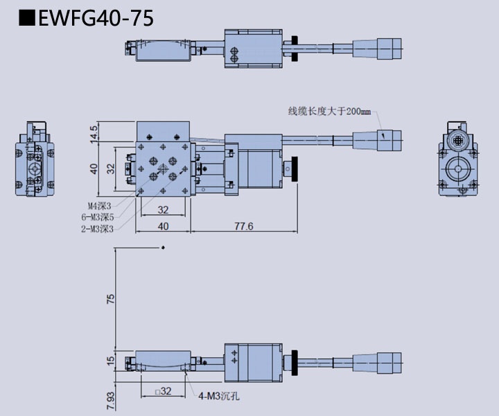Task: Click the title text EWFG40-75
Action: tap(96, 18)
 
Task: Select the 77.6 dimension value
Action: tap(243, 227)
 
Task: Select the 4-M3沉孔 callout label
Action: tap(219, 397)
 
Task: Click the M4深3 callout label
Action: tap(99, 205)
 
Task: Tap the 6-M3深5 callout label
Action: tap(97, 216)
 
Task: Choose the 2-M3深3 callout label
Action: tap(97, 227)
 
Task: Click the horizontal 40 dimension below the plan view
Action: tap(163, 227)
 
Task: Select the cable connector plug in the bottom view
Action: tap(388, 361)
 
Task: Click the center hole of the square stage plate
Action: tap(163, 168)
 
